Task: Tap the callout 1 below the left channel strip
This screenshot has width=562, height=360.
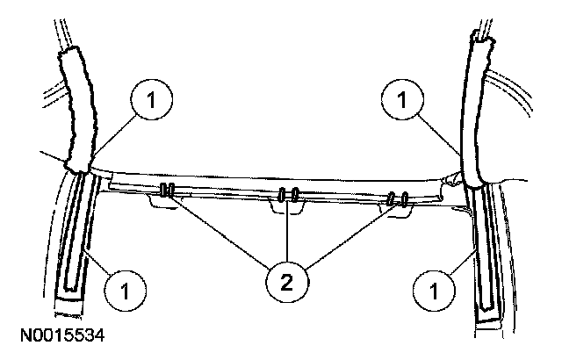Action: [x=124, y=285]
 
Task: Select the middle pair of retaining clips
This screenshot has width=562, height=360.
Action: [x=289, y=194]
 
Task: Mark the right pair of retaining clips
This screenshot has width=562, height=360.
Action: [x=400, y=201]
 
